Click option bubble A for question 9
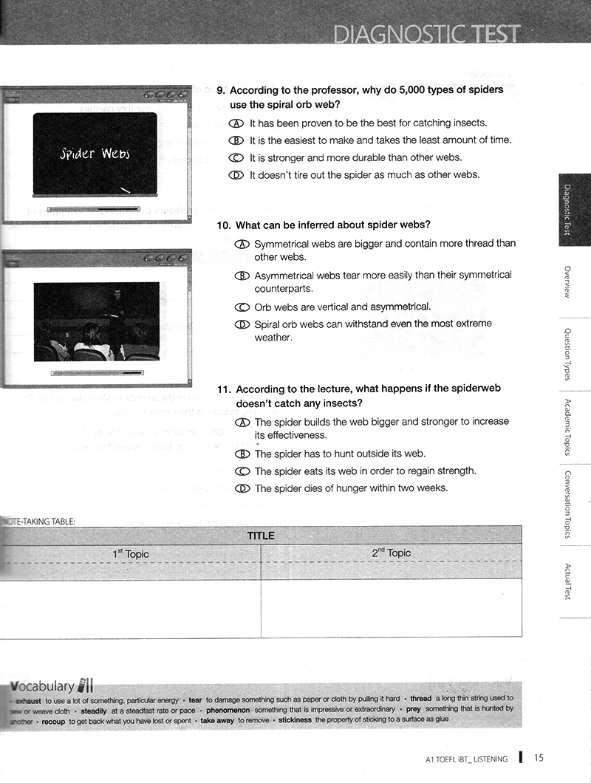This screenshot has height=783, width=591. (236, 123)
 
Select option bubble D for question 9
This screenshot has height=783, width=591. (236, 175)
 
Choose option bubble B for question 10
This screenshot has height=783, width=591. (242, 275)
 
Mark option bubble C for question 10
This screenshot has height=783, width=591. (242, 307)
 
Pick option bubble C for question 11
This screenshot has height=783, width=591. (242, 471)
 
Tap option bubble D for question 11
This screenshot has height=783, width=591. (242, 488)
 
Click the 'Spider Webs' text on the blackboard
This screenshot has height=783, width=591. (95, 153)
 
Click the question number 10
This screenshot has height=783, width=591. (224, 225)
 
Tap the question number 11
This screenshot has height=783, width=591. (225, 389)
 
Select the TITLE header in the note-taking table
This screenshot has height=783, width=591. (261, 536)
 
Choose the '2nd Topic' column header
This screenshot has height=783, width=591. (391, 553)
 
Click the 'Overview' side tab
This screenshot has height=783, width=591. (567, 281)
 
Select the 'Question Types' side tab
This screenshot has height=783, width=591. (567, 355)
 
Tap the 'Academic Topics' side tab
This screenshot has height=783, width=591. (567, 428)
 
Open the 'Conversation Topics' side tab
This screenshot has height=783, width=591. (567, 505)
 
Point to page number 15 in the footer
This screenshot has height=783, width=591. (539, 757)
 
